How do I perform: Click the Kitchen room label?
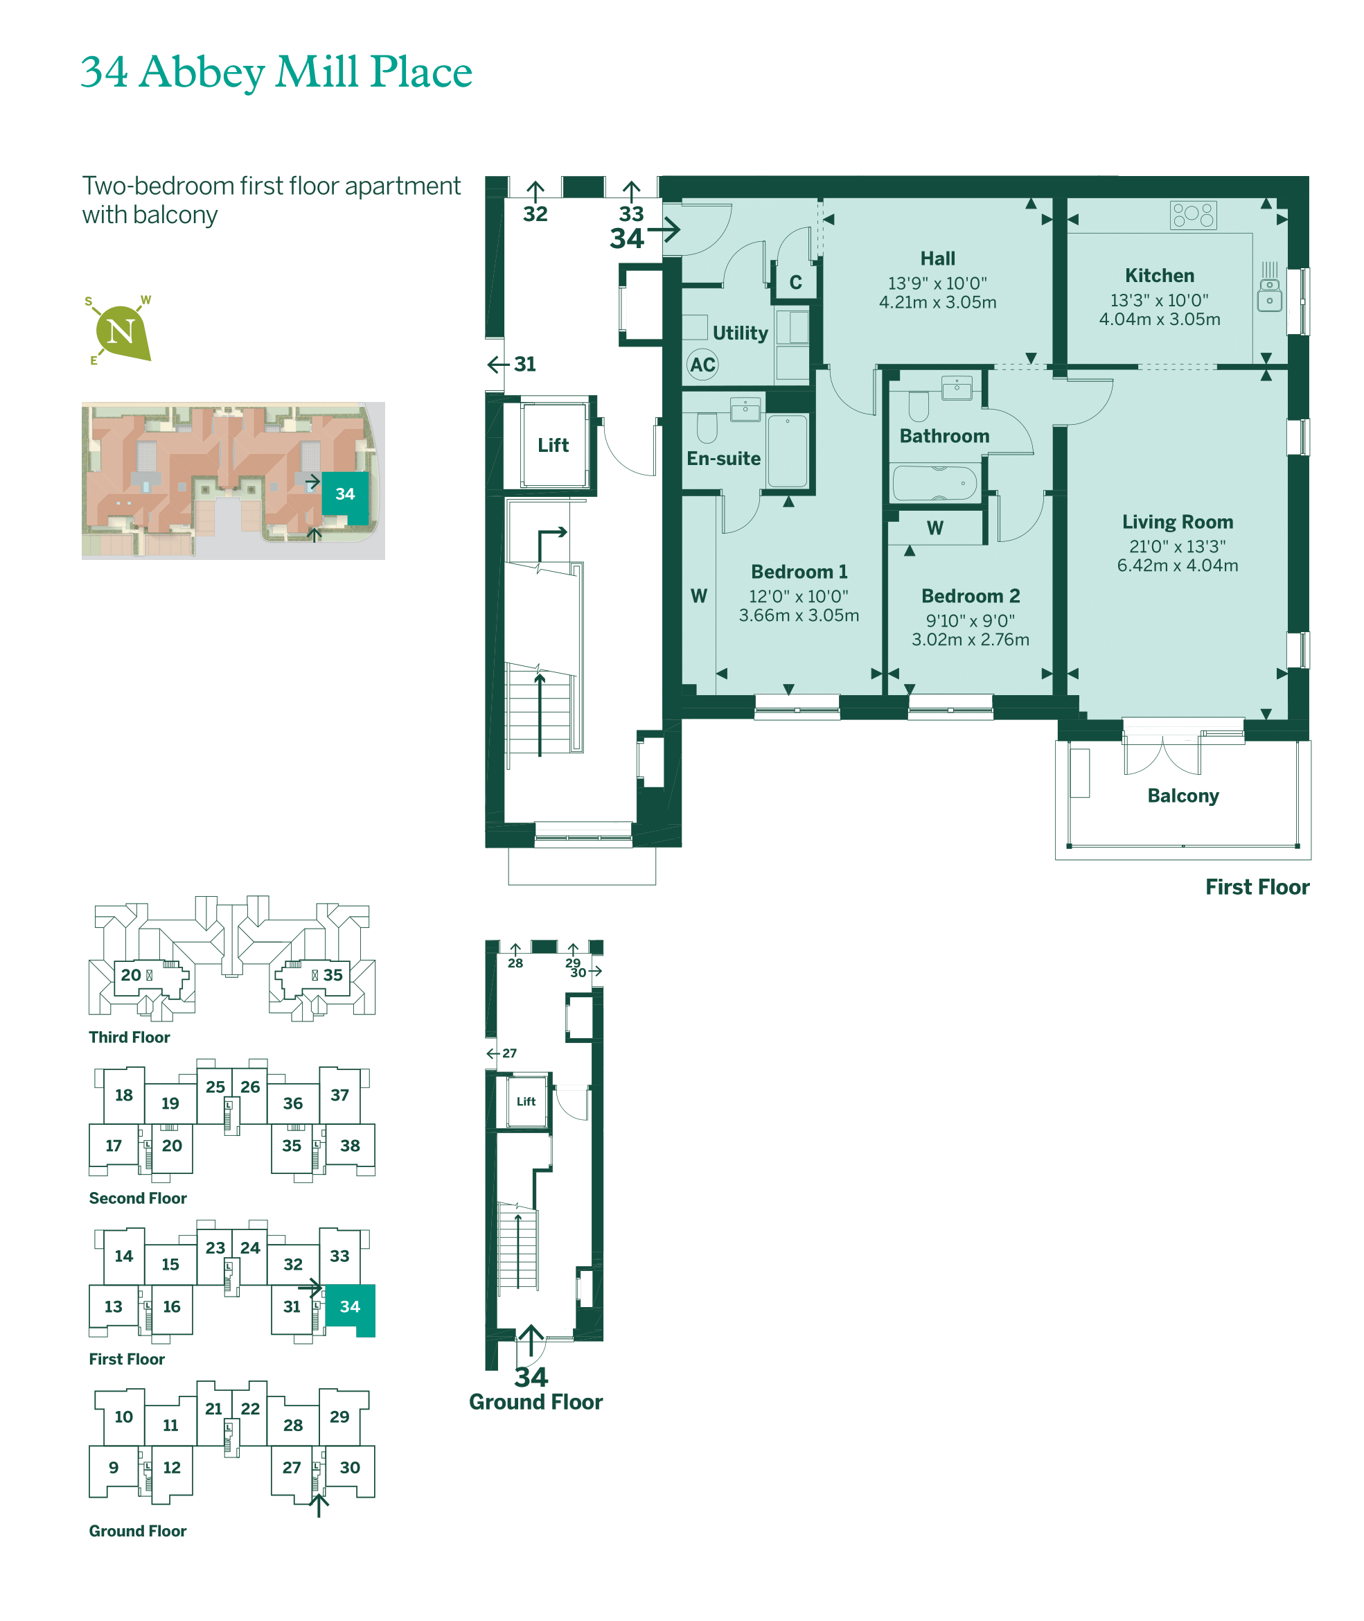(x=1159, y=276)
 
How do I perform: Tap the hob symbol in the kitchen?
(x=1193, y=215)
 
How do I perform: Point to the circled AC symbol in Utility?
(x=702, y=365)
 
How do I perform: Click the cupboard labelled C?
(x=796, y=283)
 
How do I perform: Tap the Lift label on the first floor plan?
(x=553, y=446)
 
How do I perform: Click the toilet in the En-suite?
(x=707, y=426)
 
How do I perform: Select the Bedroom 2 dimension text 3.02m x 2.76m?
(x=971, y=640)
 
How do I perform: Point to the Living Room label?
(x=1178, y=522)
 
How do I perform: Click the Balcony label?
(x=1183, y=796)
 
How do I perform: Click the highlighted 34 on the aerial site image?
(x=345, y=494)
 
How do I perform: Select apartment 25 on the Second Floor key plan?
(x=215, y=1087)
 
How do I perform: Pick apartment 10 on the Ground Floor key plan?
(x=124, y=1417)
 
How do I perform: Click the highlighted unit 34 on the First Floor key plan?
(x=350, y=1307)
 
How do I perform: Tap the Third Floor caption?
(x=129, y=1037)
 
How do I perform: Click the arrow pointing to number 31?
(x=498, y=365)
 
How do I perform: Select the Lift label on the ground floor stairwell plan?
(x=526, y=1101)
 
